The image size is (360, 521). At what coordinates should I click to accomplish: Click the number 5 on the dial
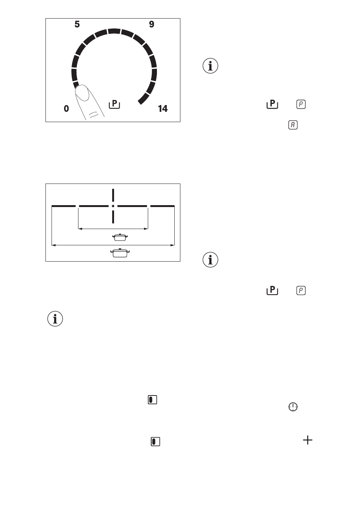coord(77,24)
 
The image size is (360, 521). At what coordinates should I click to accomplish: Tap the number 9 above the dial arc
coord(152,24)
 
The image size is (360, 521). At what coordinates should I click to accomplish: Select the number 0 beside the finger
coord(66,108)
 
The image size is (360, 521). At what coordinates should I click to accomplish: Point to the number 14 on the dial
coord(163,108)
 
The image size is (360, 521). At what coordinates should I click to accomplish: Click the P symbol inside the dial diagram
coord(114,104)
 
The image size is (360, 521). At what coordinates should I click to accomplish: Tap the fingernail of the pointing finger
coord(82,93)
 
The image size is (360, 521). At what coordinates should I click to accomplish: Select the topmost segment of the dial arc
coord(114,31)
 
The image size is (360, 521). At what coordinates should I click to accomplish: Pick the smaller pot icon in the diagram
coord(120,237)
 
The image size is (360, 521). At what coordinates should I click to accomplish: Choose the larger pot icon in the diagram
coord(120,253)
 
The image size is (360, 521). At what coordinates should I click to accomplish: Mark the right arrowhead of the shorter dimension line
coord(146,229)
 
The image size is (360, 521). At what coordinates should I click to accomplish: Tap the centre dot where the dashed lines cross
coord(113,206)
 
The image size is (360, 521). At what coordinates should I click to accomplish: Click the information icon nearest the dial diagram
coord(210,66)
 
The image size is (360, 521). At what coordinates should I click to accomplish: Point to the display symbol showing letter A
coord(293,125)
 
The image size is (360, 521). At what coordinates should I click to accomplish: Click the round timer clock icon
coord(293,407)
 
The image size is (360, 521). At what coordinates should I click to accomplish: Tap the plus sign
coord(308,440)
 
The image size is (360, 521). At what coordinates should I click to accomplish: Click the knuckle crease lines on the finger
coord(94,114)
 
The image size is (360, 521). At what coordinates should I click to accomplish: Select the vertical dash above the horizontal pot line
coord(113,195)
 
